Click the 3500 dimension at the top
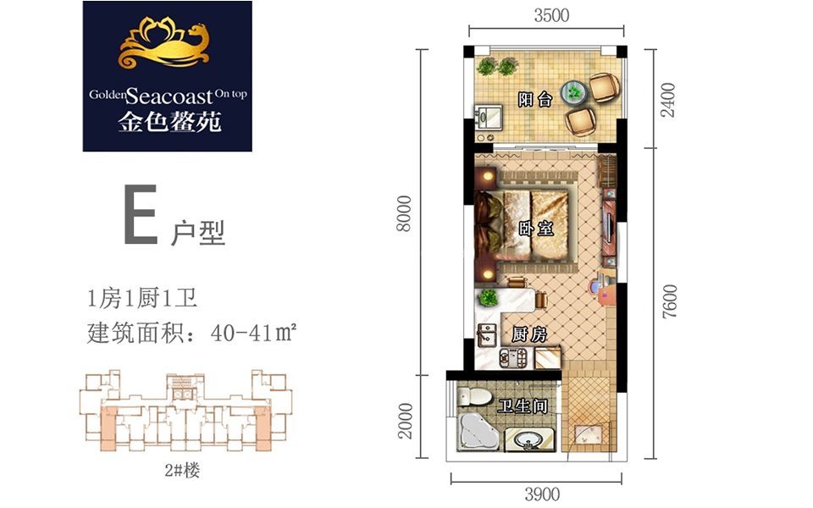tap(551, 15)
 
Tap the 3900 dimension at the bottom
tap(542, 494)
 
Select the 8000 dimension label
tap(404, 213)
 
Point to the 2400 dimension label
tap(668, 100)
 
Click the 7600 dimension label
tap(669, 301)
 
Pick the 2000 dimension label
tap(405, 421)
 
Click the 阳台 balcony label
tap(535, 99)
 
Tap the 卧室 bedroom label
tap(536, 228)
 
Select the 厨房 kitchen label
tap(528, 334)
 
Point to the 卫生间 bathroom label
tap(523, 406)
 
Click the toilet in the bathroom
tap(474, 396)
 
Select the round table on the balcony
tap(574, 92)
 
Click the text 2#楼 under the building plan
tap(182, 470)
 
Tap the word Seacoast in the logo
tap(169, 96)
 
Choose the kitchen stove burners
tap(513, 358)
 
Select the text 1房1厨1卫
tap(142, 299)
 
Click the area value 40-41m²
tap(253, 333)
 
